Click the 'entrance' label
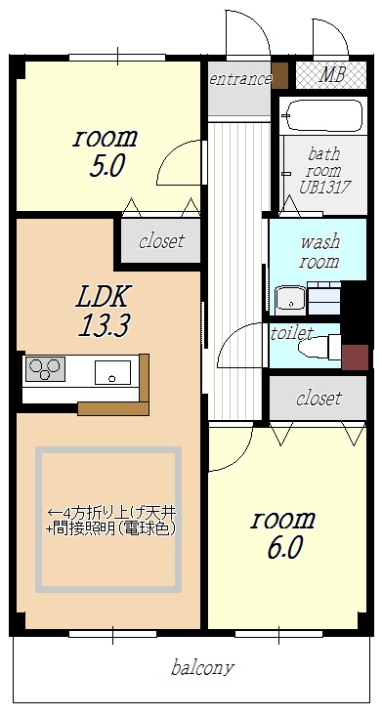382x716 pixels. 238,78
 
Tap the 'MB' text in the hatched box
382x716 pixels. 332,75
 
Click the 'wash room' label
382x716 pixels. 318,251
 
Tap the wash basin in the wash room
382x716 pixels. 289,297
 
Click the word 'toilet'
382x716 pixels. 291,332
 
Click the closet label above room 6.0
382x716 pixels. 318,398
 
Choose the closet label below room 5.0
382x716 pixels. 161,241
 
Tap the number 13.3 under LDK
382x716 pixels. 105,325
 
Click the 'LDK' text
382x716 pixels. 104,295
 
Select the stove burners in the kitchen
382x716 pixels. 44,369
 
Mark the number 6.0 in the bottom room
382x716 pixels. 283,548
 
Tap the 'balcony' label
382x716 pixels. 202,668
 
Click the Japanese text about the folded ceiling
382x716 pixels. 110,521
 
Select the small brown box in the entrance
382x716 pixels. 280,76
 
